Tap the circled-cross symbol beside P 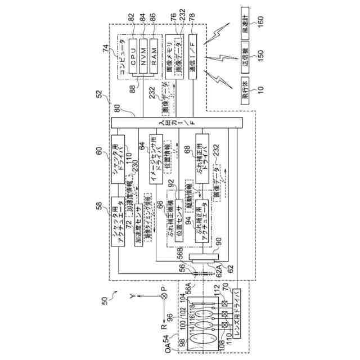(165, 296)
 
